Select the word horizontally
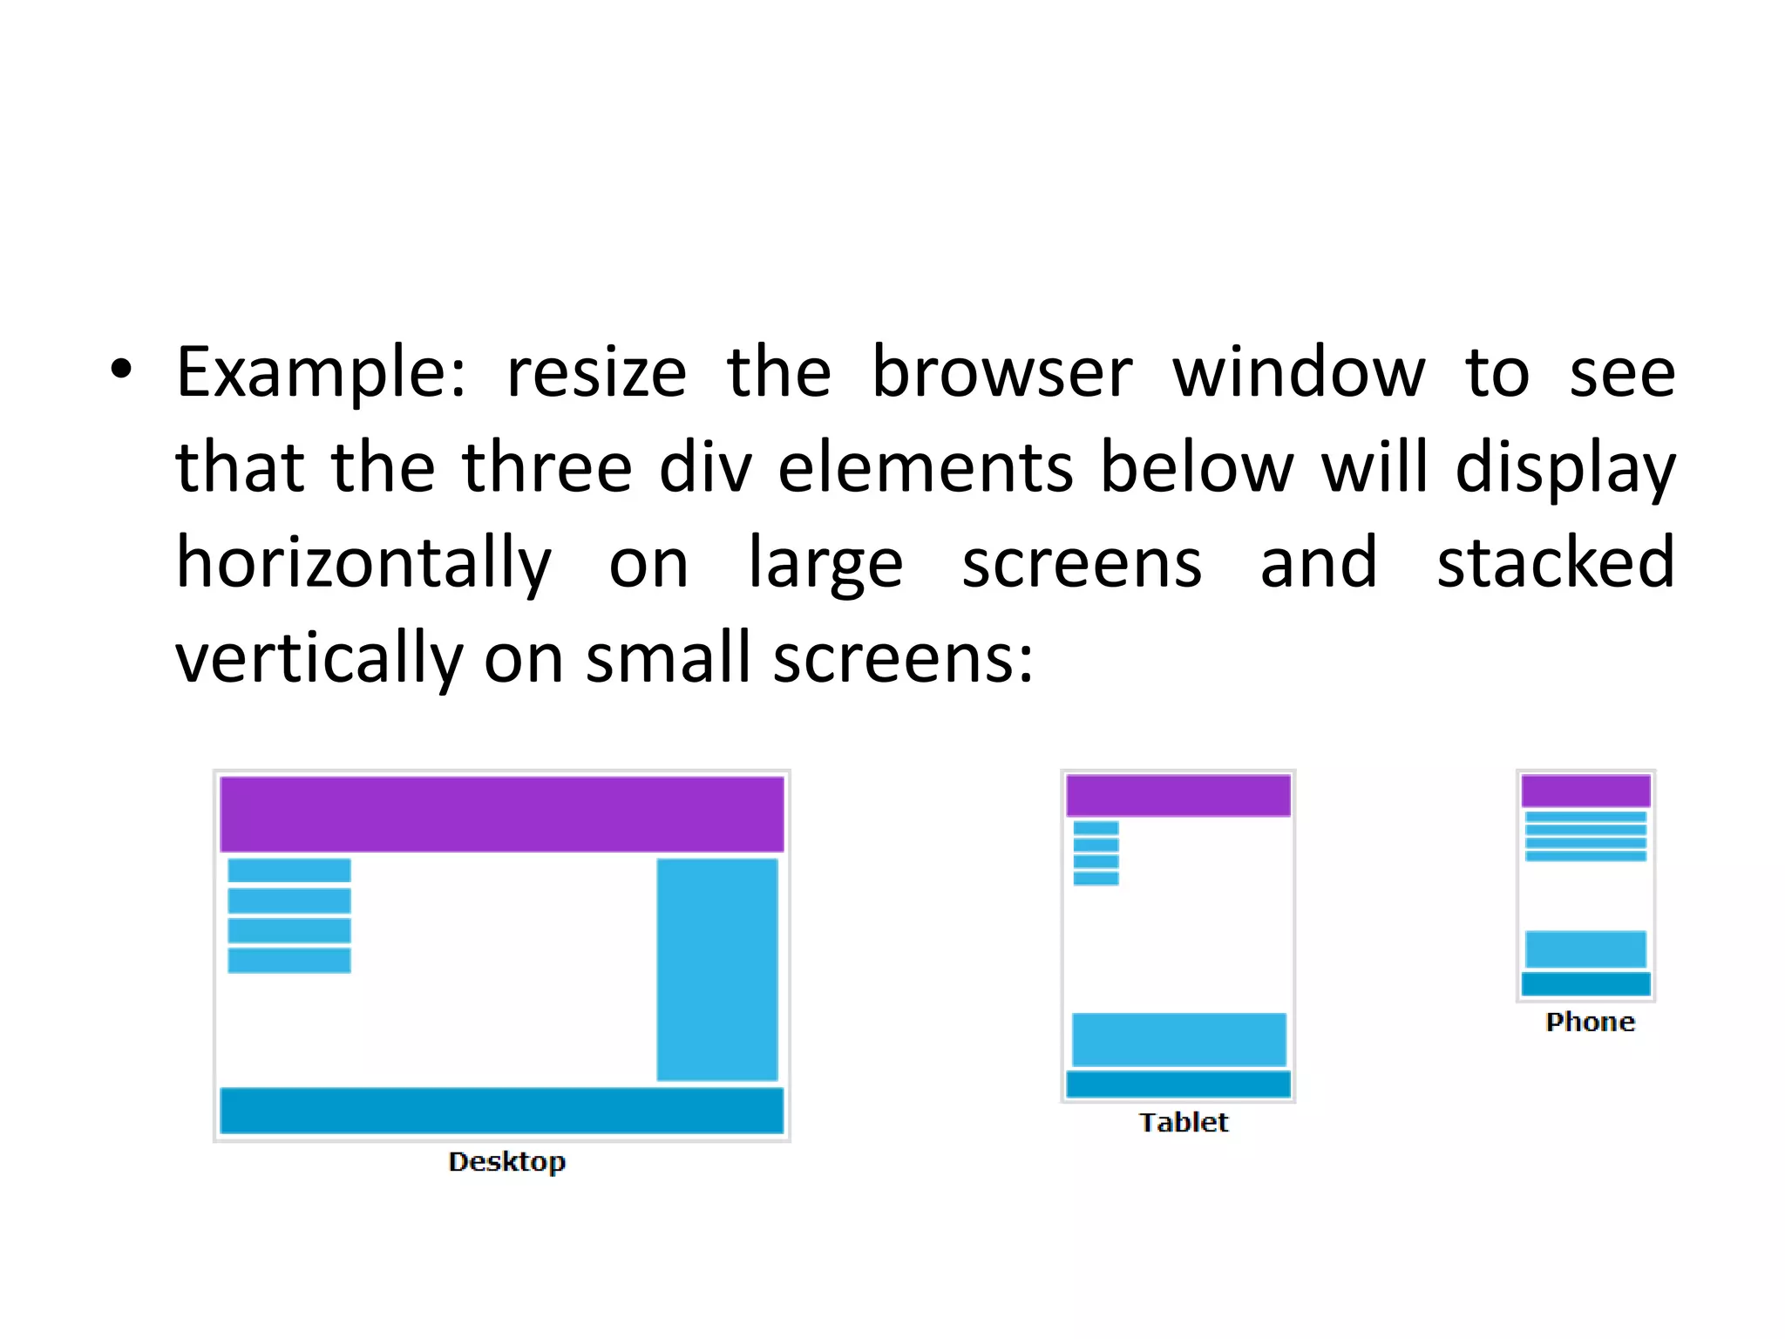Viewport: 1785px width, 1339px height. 363,565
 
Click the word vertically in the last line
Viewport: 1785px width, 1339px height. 319,660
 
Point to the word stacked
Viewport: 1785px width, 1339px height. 1555,563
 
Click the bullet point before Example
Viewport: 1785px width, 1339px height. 121,370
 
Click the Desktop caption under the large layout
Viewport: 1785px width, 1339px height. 506,1162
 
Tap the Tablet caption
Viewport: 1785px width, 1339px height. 1183,1123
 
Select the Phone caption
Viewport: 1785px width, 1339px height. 1590,1023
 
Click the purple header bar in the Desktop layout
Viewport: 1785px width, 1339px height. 501,814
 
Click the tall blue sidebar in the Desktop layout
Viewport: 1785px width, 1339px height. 716,969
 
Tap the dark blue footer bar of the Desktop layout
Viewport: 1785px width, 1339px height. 501,1111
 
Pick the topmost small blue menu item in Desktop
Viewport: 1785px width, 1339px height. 289,870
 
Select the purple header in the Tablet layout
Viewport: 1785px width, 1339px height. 1178,795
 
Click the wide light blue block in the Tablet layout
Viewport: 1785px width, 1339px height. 1178,1039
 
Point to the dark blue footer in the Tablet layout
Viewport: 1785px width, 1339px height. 1178,1084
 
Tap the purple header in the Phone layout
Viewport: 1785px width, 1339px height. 1585,791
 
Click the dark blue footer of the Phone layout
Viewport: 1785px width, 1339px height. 1585,984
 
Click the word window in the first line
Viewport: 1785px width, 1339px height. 1298,373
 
